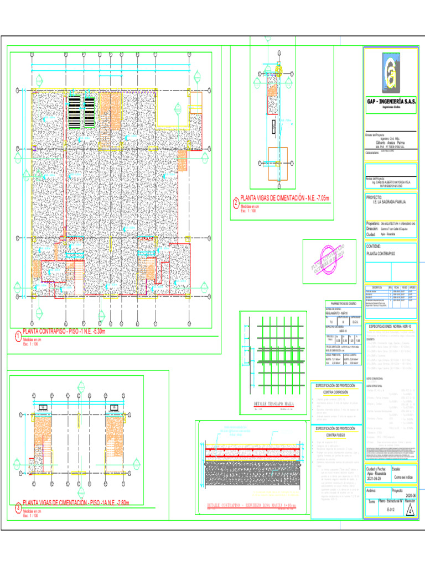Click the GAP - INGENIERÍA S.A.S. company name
click(x=390, y=102)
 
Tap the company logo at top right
click(x=390, y=73)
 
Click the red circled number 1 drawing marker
click(x=18, y=336)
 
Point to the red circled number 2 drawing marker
click(x=236, y=202)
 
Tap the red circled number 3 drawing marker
click(x=18, y=507)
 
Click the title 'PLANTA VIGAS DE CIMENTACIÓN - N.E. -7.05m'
click(x=284, y=198)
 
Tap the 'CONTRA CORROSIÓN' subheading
click(x=335, y=391)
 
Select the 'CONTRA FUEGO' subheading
click(x=335, y=435)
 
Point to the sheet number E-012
click(x=390, y=510)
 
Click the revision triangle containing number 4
click(x=410, y=510)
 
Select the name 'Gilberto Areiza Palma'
click(x=391, y=142)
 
